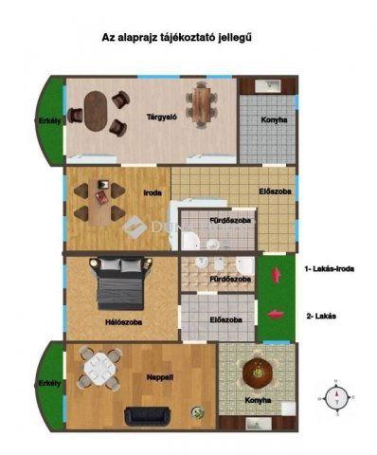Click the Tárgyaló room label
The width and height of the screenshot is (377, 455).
pyautogui.click(x=162, y=117)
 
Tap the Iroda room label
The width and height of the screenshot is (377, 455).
pyautogui.click(x=153, y=192)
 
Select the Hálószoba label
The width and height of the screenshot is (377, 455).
pyautogui.click(x=123, y=322)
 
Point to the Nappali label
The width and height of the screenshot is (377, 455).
pyautogui.click(x=160, y=377)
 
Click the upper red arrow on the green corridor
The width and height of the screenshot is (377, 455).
pyautogui.click(x=277, y=275)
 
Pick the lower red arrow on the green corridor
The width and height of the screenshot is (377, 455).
pyautogui.click(x=276, y=314)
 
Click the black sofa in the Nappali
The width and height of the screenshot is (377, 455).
pyautogui.click(x=147, y=416)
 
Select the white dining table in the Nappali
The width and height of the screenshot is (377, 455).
pyautogui.click(x=100, y=369)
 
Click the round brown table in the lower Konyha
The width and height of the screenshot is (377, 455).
pyautogui.click(x=258, y=373)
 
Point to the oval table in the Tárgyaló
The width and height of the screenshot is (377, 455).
pyautogui.click(x=96, y=111)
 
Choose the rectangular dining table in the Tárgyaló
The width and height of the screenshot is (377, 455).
pyautogui.click(x=202, y=104)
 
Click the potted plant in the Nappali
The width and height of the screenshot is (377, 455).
pyautogui.click(x=197, y=412)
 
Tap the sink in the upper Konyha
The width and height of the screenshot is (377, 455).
pyautogui.click(x=267, y=85)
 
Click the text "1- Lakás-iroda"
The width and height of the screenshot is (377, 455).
pyautogui.click(x=330, y=269)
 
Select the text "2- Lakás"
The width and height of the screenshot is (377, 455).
pyautogui.click(x=321, y=316)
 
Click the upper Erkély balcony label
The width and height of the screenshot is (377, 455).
pyautogui.click(x=50, y=120)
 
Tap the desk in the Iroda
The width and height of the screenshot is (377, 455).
pyautogui.click(x=100, y=202)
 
